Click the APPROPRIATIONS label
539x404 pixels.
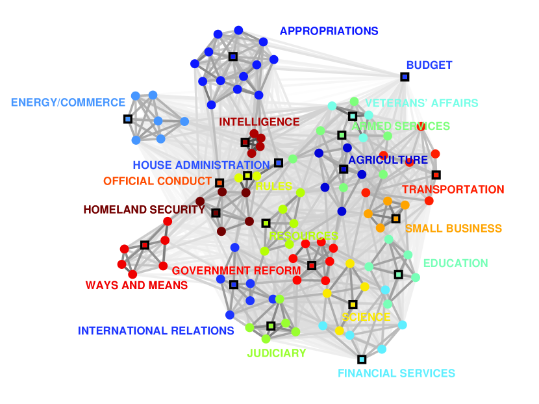coord(329,31)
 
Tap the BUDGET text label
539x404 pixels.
coord(429,65)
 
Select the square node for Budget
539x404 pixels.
coord(405,77)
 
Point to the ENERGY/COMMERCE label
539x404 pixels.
coord(68,103)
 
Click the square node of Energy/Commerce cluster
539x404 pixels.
coord(128,119)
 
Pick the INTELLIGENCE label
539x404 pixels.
coord(259,122)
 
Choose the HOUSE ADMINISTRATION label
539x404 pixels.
coord(201,165)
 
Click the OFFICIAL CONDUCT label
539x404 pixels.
coord(158,181)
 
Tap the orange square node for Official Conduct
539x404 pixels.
coord(219,183)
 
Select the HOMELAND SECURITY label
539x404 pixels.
coord(144,210)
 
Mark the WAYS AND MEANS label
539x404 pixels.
coord(136,285)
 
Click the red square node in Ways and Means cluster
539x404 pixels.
coord(145,245)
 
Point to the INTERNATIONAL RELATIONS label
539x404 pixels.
coord(156,331)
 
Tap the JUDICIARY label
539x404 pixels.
coord(276,353)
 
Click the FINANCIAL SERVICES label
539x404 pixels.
coord(396,373)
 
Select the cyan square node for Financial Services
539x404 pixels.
coord(362,359)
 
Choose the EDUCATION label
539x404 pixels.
coord(455,263)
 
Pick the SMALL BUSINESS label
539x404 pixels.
coord(453,229)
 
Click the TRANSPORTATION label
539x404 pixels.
coord(453,190)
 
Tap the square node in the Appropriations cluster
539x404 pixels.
coord(232,57)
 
